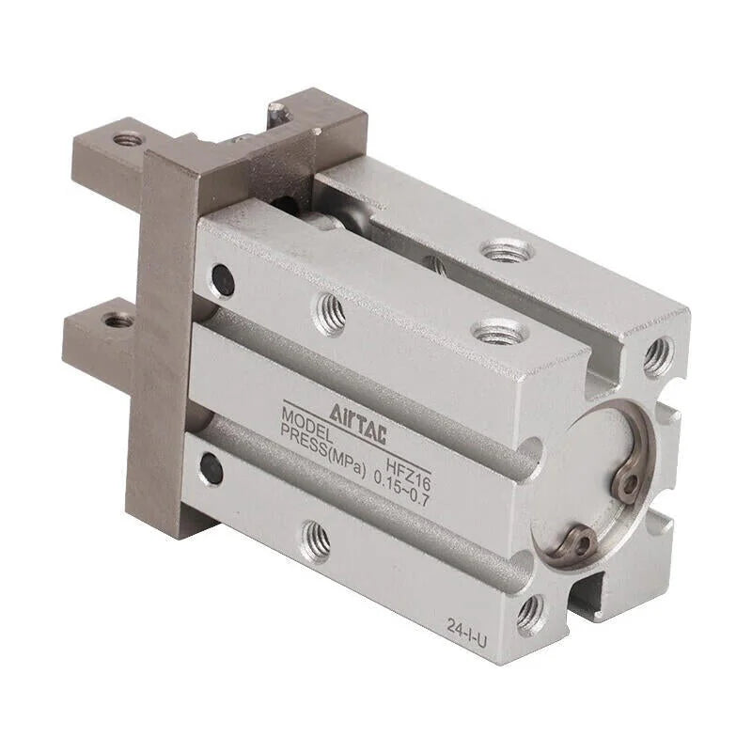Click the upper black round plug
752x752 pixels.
[224, 279]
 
